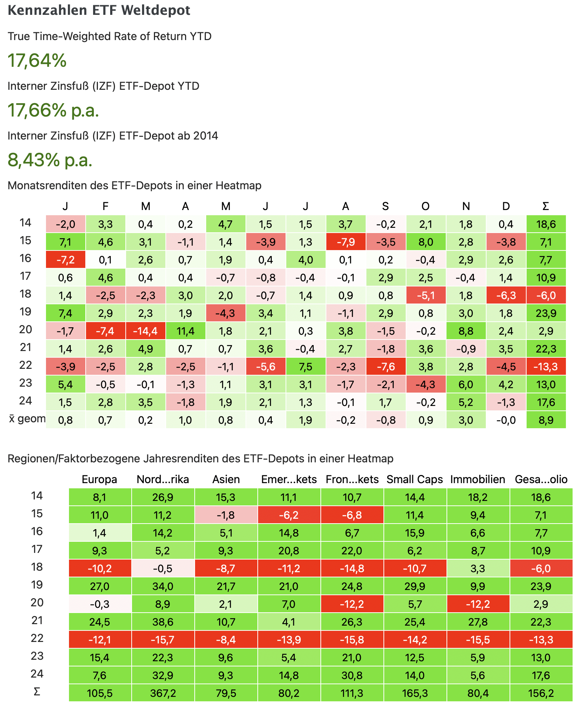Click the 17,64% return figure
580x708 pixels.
(x=37, y=60)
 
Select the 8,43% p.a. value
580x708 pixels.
(x=50, y=160)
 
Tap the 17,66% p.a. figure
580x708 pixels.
(x=53, y=110)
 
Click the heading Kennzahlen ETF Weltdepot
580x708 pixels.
(x=99, y=10)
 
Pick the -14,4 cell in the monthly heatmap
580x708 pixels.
(x=145, y=331)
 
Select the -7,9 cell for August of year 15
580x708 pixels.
(x=346, y=242)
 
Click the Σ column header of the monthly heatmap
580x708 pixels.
(x=546, y=206)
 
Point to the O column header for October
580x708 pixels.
(x=425, y=206)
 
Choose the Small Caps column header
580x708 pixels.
(x=415, y=479)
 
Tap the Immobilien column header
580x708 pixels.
(x=478, y=479)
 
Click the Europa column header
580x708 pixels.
(x=99, y=479)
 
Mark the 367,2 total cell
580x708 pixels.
(x=163, y=693)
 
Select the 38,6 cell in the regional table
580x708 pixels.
(x=163, y=622)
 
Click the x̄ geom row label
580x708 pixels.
(x=27, y=419)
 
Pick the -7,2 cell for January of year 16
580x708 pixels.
(x=65, y=260)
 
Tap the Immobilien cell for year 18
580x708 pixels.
(x=478, y=568)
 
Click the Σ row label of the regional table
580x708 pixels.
(x=37, y=692)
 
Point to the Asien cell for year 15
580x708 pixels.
(x=226, y=515)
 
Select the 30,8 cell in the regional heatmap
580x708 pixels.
(x=352, y=675)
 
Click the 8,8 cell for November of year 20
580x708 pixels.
(x=466, y=331)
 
